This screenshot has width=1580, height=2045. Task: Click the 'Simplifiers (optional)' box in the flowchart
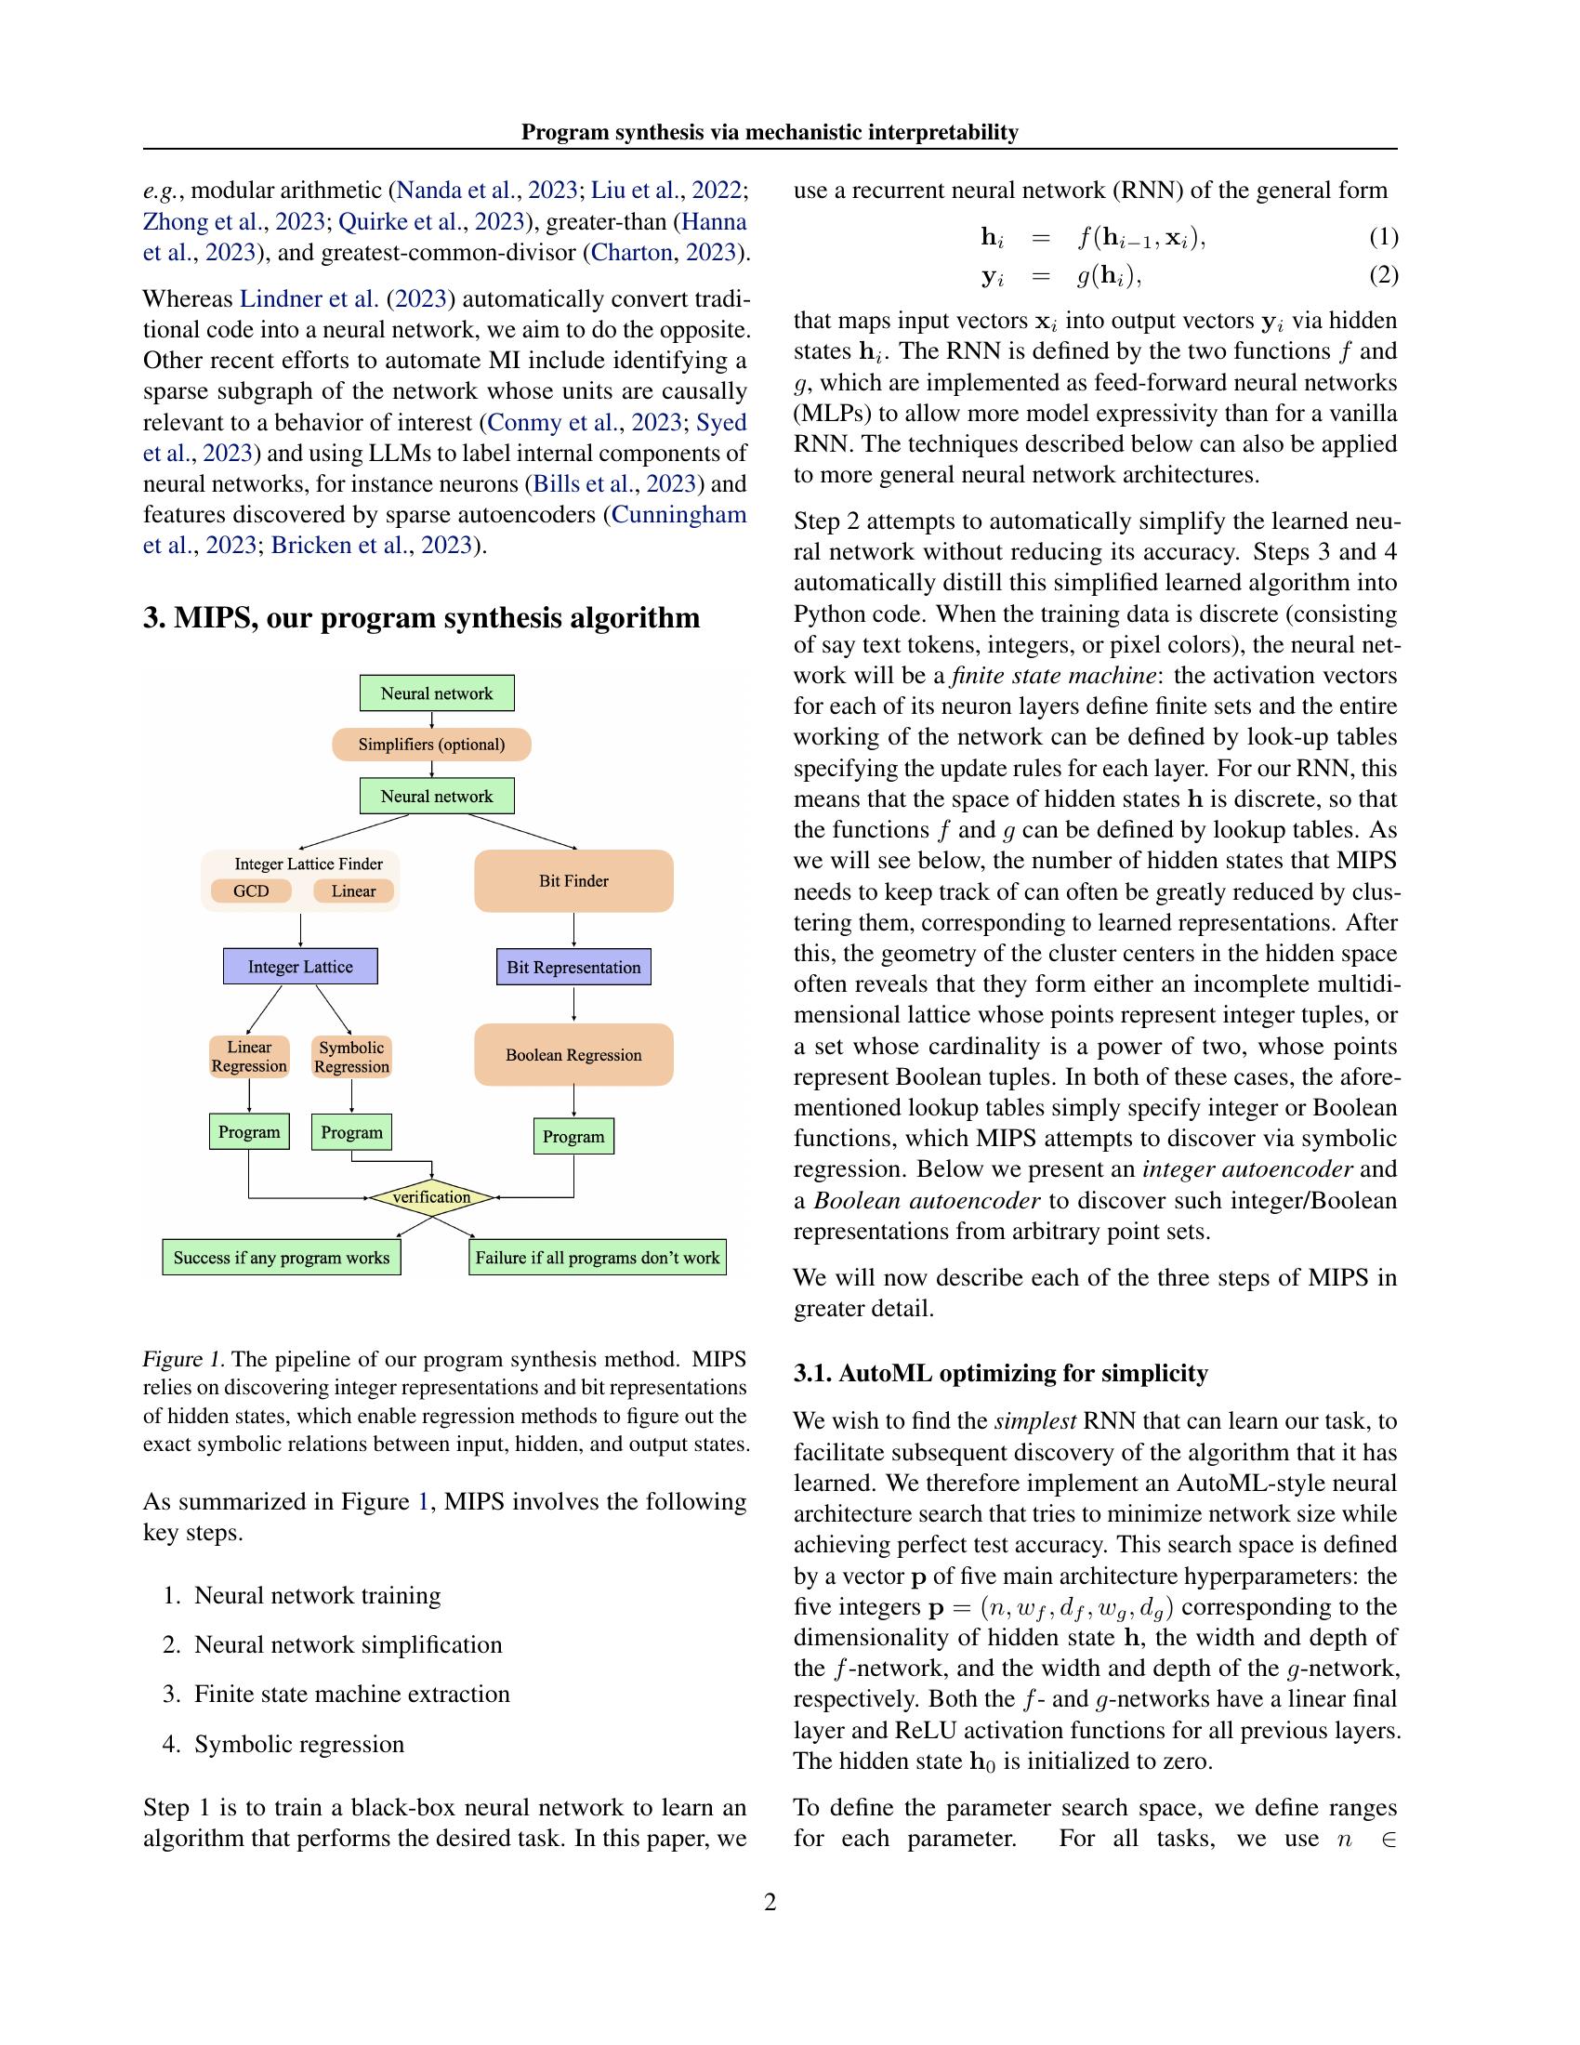coord(431,745)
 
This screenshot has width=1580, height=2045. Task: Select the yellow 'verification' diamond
coord(431,1196)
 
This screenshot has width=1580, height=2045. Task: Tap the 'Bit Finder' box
coord(573,880)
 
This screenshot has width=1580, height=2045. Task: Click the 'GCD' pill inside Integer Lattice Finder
coord(251,891)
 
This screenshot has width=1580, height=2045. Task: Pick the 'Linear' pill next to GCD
coord(353,891)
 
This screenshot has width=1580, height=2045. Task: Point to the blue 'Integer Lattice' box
coord(299,967)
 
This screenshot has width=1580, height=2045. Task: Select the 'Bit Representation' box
coord(573,968)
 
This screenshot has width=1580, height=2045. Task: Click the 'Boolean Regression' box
coord(573,1054)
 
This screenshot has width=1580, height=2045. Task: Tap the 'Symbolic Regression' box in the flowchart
coord(351,1057)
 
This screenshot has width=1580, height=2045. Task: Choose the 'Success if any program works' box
coord(281,1258)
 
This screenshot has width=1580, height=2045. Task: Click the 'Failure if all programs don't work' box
coord(598,1258)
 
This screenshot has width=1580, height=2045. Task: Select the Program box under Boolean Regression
coord(573,1137)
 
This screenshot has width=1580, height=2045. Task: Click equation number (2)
coord(1383,275)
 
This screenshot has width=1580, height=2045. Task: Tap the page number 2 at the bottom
coord(770,1902)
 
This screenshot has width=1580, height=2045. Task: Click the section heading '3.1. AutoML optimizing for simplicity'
coord(1001,1373)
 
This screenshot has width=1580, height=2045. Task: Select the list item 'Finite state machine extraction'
coord(352,1694)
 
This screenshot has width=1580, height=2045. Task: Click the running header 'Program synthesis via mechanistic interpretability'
coord(770,132)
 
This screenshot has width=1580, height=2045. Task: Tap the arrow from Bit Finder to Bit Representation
coord(573,930)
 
